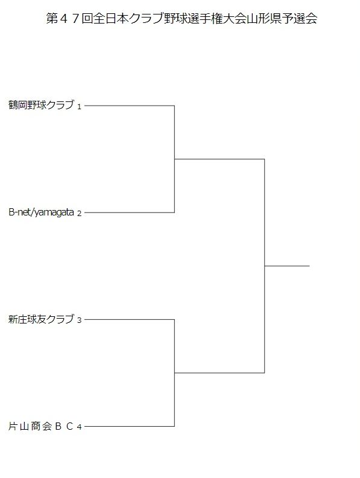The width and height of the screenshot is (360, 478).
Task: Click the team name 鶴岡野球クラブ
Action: click(x=42, y=105)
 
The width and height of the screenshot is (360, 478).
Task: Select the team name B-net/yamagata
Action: click(x=42, y=212)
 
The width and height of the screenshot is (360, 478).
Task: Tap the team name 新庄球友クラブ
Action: click(x=42, y=319)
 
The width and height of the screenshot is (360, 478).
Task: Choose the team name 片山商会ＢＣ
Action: click(x=41, y=426)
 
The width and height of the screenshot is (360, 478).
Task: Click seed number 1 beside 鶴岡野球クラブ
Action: click(x=79, y=107)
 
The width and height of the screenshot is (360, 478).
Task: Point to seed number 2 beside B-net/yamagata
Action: click(x=79, y=214)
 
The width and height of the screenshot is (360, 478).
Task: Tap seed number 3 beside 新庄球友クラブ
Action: click(x=79, y=320)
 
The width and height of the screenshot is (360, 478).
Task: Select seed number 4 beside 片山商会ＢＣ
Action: click(x=79, y=427)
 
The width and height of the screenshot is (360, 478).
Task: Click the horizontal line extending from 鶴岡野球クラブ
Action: click(x=130, y=106)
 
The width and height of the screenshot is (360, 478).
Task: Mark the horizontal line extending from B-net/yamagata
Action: click(x=130, y=212)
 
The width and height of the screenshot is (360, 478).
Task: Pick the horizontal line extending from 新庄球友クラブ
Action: click(x=130, y=319)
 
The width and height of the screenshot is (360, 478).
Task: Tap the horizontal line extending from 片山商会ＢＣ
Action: click(x=130, y=426)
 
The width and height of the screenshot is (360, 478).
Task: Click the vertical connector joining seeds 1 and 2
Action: click(x=174, y=159)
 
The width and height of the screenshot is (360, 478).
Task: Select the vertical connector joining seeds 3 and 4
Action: click(x=174, y=373)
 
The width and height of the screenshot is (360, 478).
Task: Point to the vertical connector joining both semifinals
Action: click(x=264, y=266)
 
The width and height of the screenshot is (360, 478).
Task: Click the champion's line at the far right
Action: click(x=287, y=266)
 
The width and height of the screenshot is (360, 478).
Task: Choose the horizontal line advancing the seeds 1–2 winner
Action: click(x=219, y=159)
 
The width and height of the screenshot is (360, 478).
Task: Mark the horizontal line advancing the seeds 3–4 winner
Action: click(x=219, y=372)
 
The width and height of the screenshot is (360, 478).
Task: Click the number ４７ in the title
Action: click(x=69, y=19)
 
